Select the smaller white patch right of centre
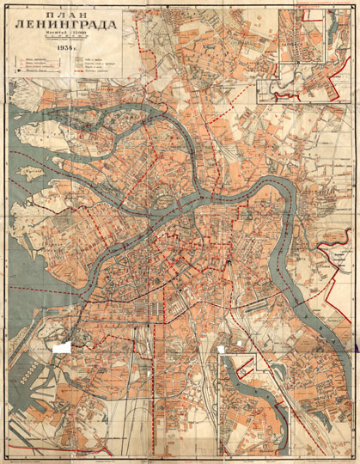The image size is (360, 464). [224, 348]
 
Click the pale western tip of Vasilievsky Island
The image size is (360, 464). [34, 215]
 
